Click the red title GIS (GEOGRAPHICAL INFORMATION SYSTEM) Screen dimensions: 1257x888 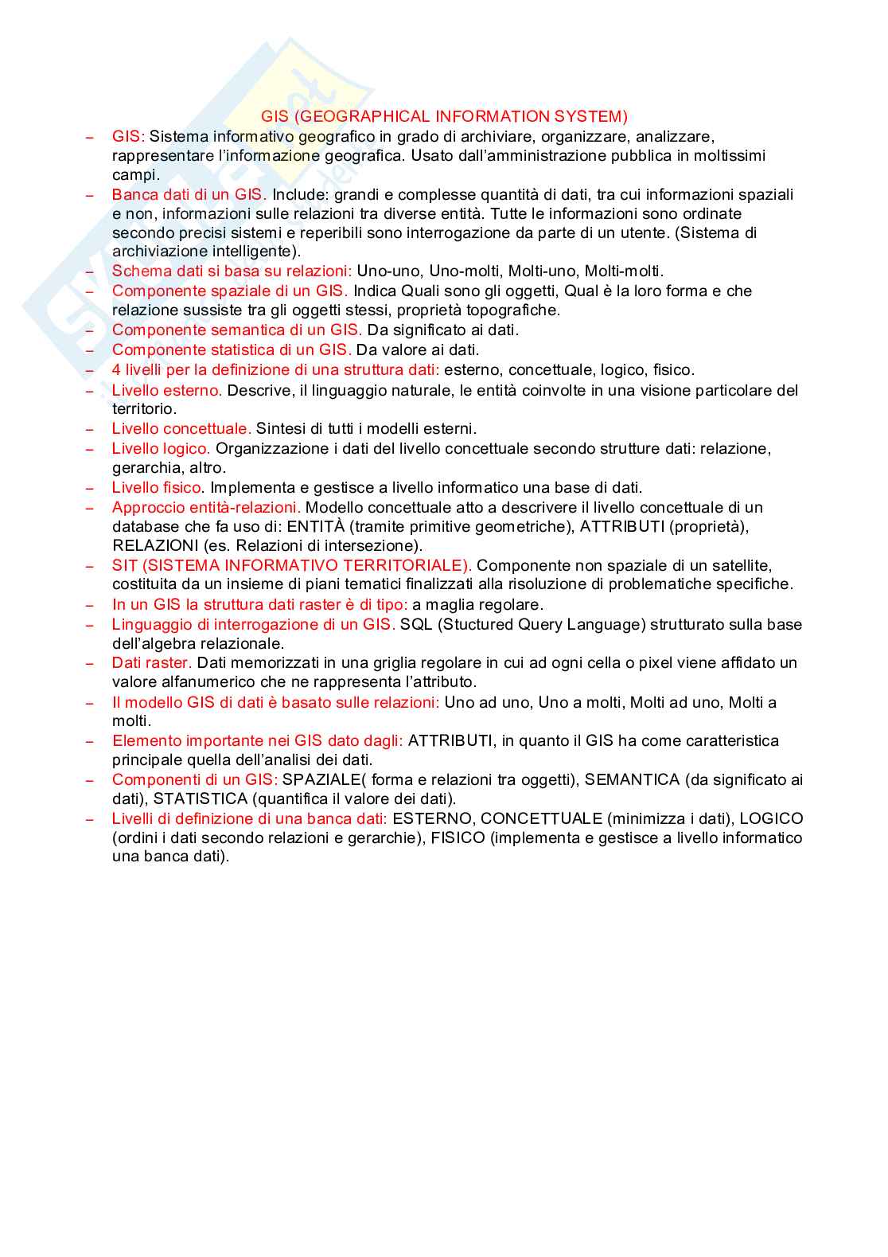click(444, 117)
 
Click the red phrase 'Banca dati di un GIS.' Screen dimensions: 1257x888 click(189, 195)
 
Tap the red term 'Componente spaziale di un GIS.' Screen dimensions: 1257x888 click(230, 291)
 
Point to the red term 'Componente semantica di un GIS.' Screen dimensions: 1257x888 click(237, 330)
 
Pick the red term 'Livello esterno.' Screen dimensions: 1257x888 click(167, 391)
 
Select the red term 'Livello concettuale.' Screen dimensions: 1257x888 click(181, 429)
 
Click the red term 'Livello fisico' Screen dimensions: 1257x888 click(158, 488)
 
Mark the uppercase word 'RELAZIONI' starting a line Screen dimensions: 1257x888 click(155, 546)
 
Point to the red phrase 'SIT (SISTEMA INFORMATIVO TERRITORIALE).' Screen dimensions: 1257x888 click(292, 566)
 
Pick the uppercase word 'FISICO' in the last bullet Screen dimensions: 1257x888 click(458, 838)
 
